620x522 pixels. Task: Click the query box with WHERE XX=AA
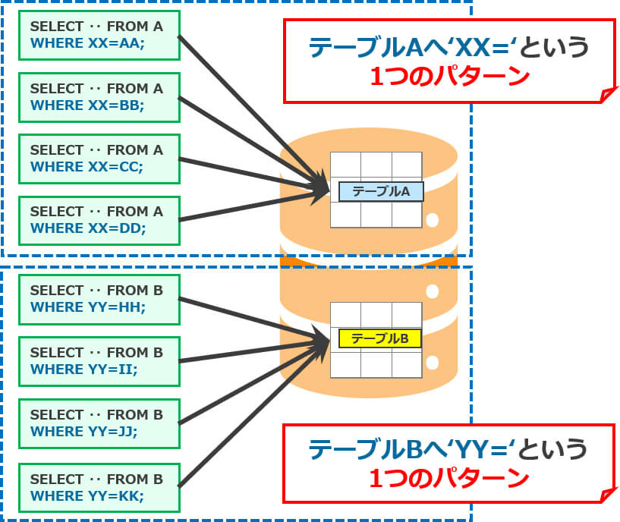(x=96, y=35)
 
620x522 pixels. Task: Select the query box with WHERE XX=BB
(x=96, y=97)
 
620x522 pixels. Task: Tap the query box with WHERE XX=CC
(x=96, y=159)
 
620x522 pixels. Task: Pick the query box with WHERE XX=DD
(x=96, y=221)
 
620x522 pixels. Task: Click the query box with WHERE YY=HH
(x=96, y=299)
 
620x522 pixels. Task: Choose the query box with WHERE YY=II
(x=96, y=361)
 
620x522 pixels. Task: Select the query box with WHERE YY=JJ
(x=96, y=423)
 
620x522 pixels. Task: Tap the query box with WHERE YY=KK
(x=96, y=487)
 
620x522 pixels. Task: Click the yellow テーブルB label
(x=381, y=338)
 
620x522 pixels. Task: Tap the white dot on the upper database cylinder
(x=433, y=221)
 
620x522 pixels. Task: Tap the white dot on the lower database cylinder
(x=433, y=291)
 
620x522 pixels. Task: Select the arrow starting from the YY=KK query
(x=250, y=410)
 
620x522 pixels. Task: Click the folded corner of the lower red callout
(x=606, y=496)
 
